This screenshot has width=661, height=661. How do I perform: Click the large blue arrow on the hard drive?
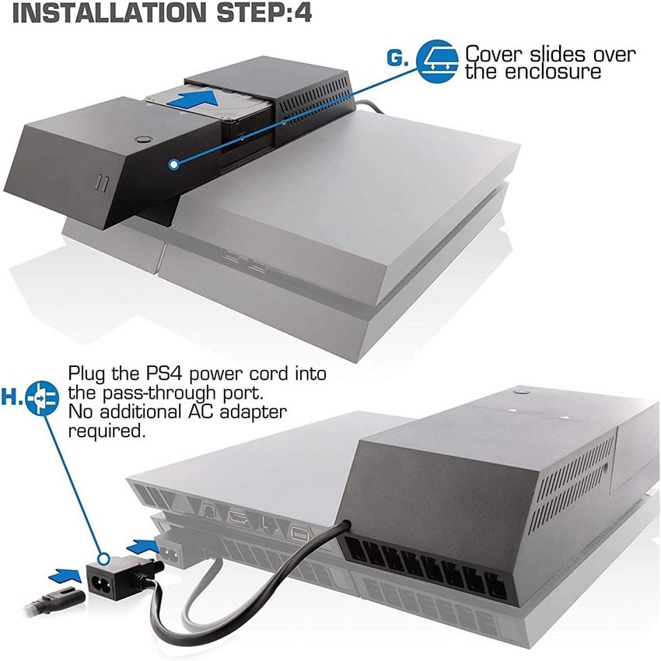pyautogui.click(x=191, y=100)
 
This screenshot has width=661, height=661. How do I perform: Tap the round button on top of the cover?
pyautogui.click(x=142, y=140)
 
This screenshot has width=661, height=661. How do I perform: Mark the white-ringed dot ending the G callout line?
pyautogui.click(x=173, y=164)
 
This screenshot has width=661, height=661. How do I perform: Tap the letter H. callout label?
pyautogui.click(x=12, y=397)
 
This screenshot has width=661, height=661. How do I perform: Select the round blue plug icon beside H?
pyautogui.click(x=40, y=397)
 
